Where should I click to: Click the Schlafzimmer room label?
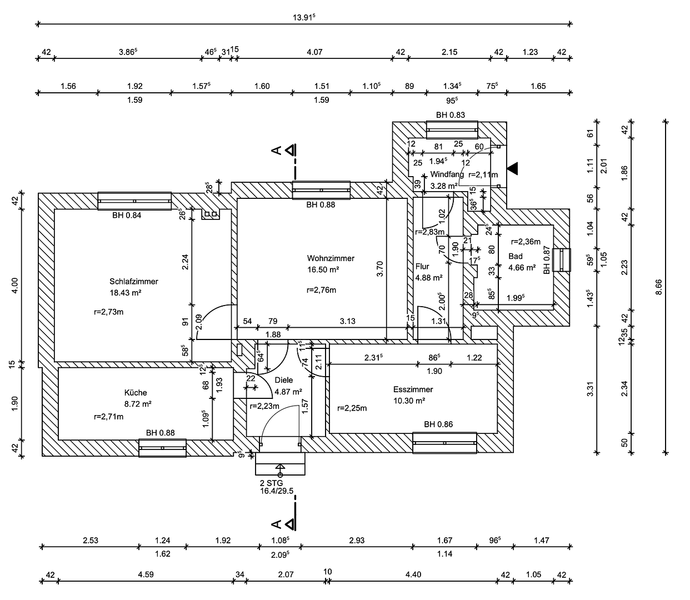tap(134, 281)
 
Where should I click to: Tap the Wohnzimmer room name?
tap(331, 258)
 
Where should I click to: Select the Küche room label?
tap(136, 393)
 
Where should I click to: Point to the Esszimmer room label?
tap(413, 389)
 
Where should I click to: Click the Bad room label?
tap(516, 256)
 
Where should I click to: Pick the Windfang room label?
tap(447, 174)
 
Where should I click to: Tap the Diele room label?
tap(283, 381)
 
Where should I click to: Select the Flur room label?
tap(422, 267)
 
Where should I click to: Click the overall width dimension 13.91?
tap(304, 17)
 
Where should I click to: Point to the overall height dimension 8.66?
tap(659, 287)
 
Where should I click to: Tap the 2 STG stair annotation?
tap(271, 483)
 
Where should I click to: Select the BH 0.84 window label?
tap(127, 216)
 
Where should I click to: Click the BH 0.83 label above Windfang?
tap(451, 115)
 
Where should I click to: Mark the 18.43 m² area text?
tap(126, 292)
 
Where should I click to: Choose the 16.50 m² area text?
tap(323, 269)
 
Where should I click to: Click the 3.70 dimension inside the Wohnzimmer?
tap(380, 269)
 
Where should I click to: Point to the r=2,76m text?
tap(321, 290)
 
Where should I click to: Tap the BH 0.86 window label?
tap(438, 424)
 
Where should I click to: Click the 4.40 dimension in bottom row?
tap(413, 574)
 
